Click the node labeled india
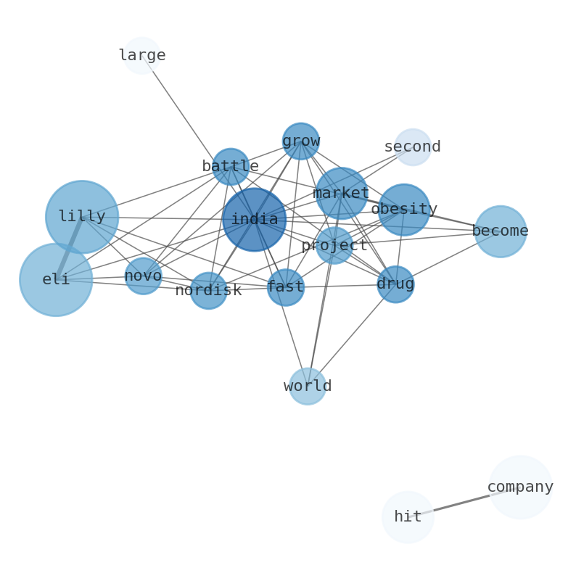[254, 219]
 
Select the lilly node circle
[82, 216]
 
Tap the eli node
[56, 279]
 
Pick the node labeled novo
[143, 276]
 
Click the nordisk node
[208, 290]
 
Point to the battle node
[231, 166]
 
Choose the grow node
[301, 141]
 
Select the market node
[341, 193]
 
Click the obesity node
[404, 209]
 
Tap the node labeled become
[501, 231]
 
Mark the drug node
[395, 284]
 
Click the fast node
[286, 287]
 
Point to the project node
[334, 245]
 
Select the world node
[308, 386]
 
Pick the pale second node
[413, 147]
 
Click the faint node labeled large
[142, 55]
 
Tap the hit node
[408, 516]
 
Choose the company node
[520, 487]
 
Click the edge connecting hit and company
[464, 502]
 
